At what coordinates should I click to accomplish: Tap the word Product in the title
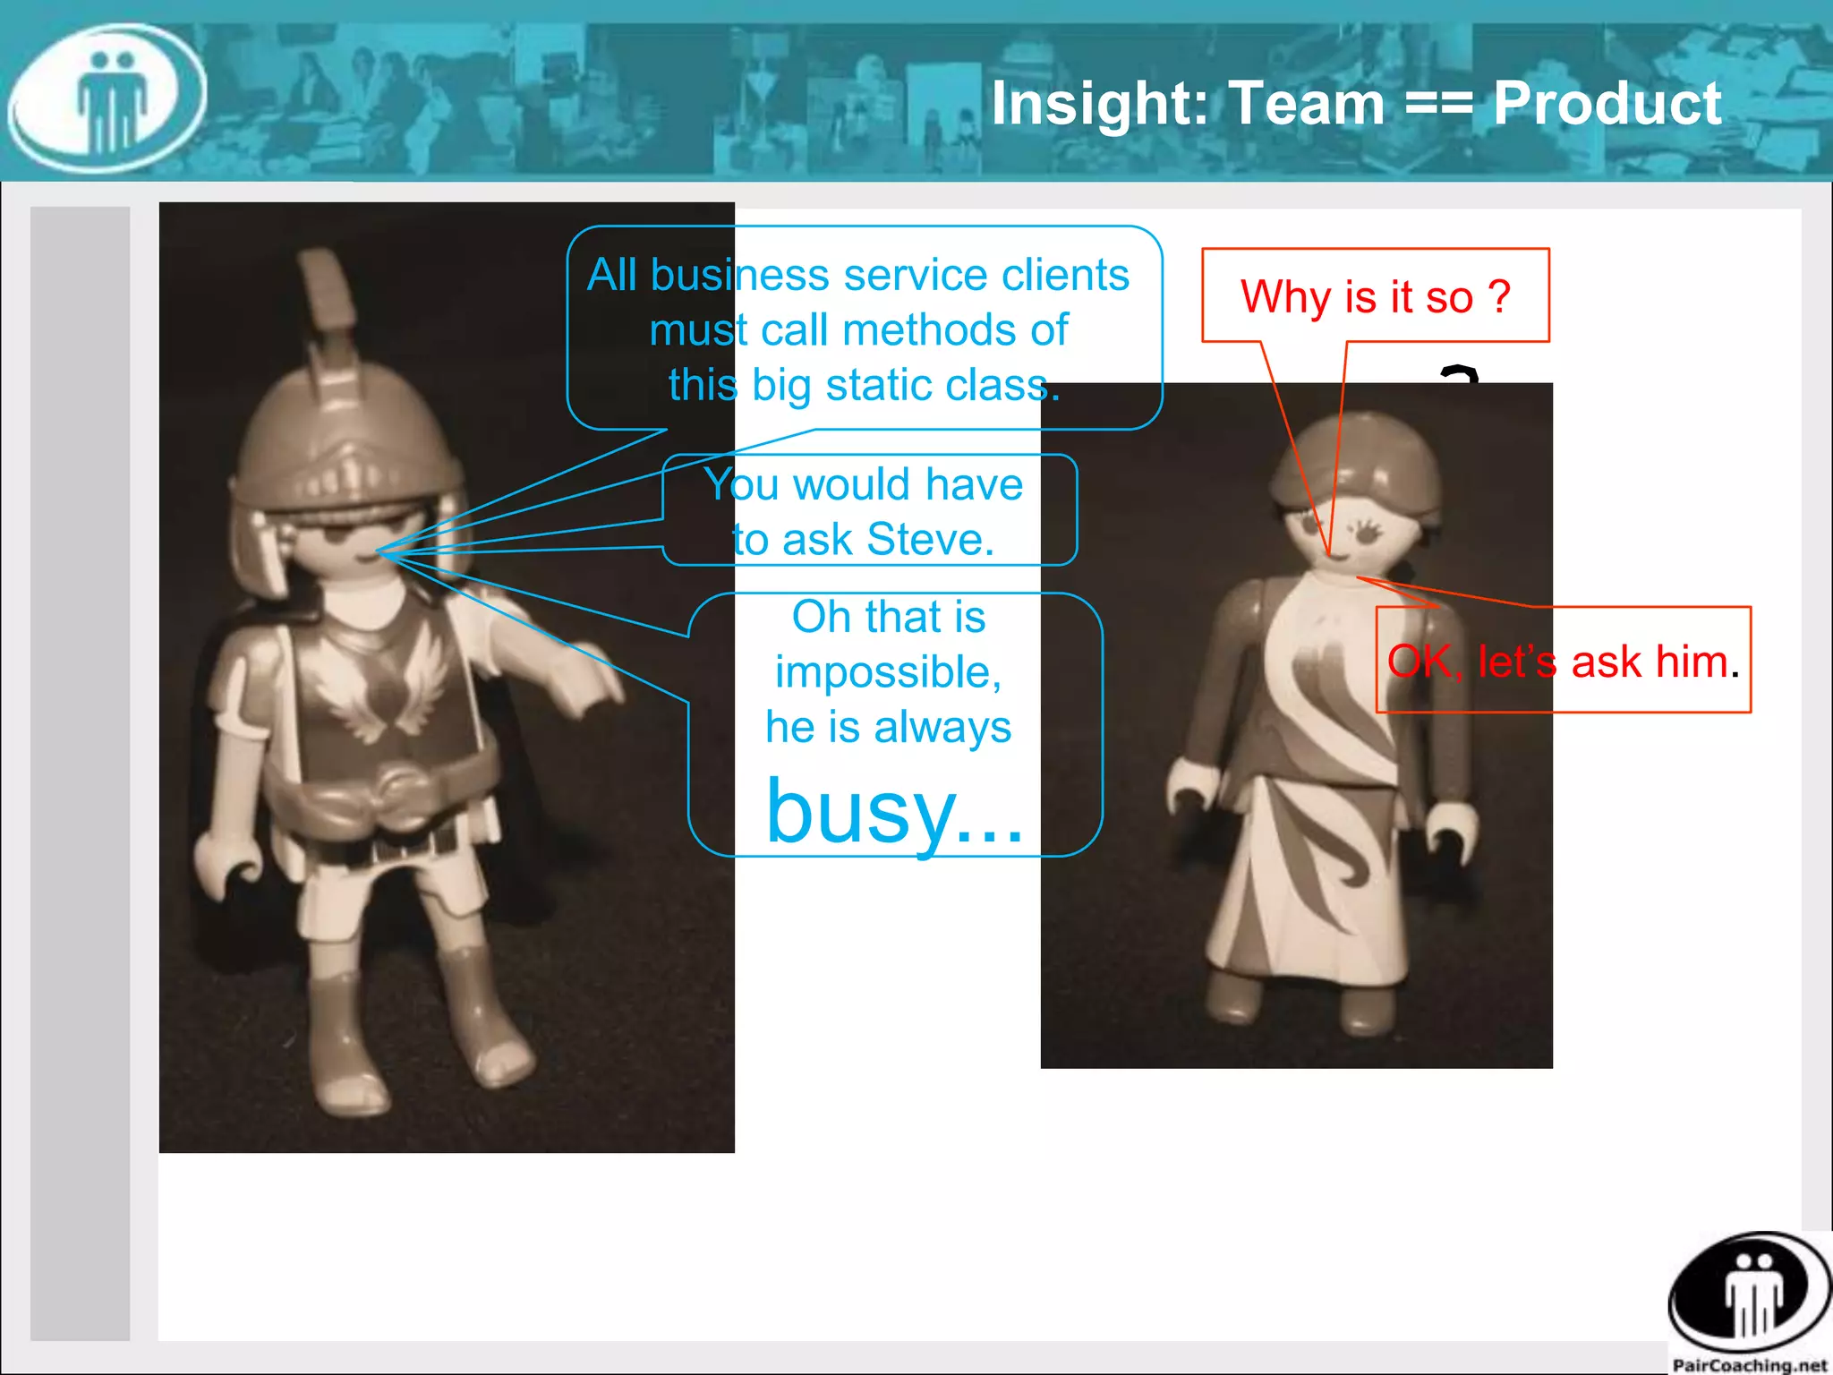click(1607, 103)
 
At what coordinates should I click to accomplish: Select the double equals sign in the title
click(1438, 105)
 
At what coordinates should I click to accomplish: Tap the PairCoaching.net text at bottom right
click(1749, 1364)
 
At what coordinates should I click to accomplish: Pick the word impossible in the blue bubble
click(887, 671)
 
